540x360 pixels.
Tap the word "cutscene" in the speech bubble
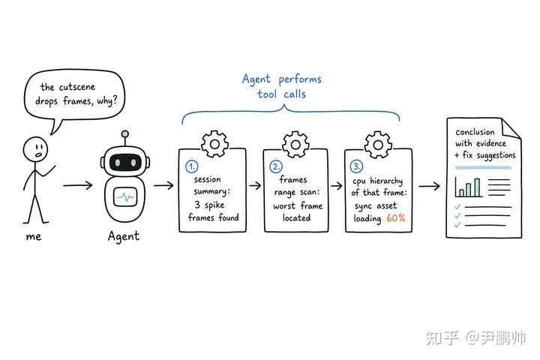[77, 87]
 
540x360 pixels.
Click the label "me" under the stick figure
[34, 237]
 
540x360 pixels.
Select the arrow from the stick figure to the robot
[78, 185]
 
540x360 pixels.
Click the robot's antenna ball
[125, 134]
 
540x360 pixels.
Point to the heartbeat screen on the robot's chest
[125, 196]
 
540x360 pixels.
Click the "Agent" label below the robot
[124, 236]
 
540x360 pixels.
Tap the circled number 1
[191, 166]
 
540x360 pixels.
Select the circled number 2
[276, 166]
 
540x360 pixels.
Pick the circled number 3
[356, 166]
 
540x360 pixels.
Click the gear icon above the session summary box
[215, 144]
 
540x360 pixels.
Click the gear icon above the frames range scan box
[295, 144]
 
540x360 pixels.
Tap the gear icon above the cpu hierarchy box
[378, 145]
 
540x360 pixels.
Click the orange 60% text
[396, 217]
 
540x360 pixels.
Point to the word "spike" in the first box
[214, 205]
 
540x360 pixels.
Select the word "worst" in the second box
[284, 206]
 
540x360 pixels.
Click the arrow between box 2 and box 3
[337, 186]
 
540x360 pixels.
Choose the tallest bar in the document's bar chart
[477, 187]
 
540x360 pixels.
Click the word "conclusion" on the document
[475, 132]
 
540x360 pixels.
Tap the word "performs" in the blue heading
[300, 79]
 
